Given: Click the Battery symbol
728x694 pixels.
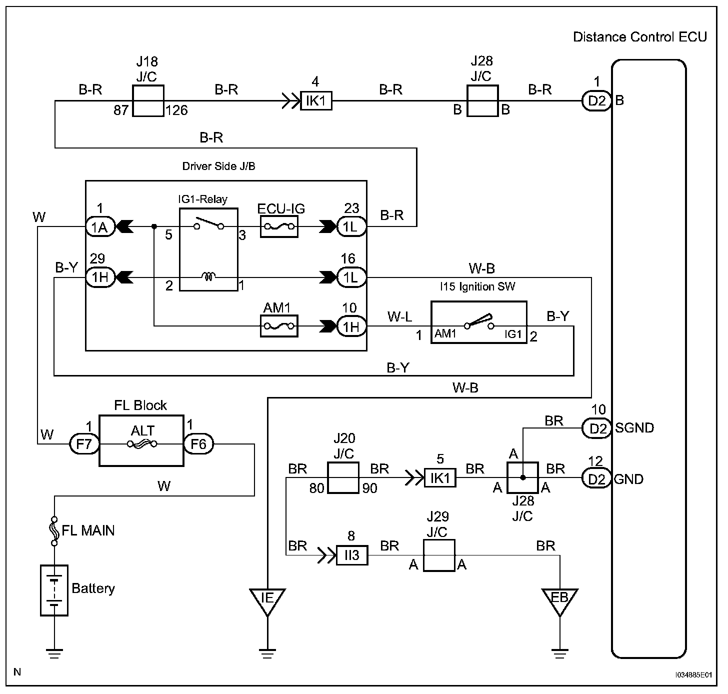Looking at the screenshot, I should click(x=54, y=590).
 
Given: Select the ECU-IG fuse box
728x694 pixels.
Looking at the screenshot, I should click(x=279, y=227).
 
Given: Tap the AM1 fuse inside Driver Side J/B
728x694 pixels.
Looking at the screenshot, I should click(x=279, y=326).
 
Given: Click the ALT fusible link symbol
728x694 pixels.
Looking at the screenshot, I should click(x=142, y=443).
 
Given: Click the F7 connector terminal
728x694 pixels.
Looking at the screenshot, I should click(x=84, y=443).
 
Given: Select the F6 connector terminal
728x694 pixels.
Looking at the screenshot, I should click(x=198, y=443).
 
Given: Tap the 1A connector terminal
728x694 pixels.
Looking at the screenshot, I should click(x=100, y=227).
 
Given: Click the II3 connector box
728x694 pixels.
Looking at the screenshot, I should click(x=351, y=555).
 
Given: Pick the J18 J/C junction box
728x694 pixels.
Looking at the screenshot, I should click(x=148, y=100).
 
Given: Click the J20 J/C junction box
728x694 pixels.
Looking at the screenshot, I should click(x=343, y=478).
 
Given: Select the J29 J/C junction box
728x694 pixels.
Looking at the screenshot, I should click(x=439, y=555).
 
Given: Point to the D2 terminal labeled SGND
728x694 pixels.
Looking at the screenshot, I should click(x=597, y=428).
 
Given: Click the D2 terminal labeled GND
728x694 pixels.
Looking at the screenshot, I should click(x=597, y=479).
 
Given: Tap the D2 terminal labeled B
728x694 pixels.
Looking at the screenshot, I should click(x=597, y=101).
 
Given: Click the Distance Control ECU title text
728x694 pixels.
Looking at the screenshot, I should click(x=639, y=37).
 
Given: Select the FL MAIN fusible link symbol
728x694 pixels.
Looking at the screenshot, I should click(x=54, y=530).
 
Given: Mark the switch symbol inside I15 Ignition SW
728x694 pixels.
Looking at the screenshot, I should click(x=479, y=322).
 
